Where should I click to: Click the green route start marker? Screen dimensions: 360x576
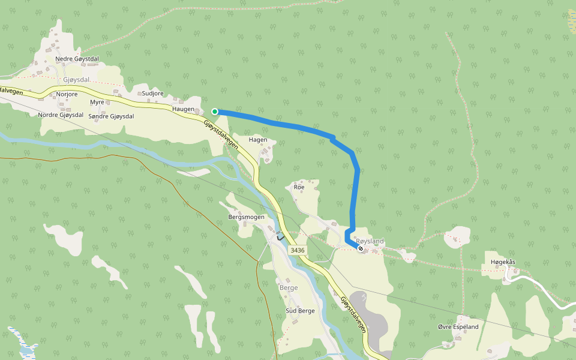tap(215, 112)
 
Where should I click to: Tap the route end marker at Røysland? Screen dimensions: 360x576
tap(360, 248)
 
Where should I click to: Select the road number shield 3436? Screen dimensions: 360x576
tap(296, 250)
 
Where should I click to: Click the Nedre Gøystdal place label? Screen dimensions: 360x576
tap(77, 59)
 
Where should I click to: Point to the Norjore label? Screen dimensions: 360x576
tap(67, 95)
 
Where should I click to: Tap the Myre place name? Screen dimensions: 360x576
tap(97, 103)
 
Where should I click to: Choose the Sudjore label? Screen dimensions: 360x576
tap(152, 94)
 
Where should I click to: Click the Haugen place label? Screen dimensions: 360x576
tap(183, 109)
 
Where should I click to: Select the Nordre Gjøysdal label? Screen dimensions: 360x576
tap(59, 115)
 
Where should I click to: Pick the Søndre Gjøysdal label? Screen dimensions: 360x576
tap(111, 116)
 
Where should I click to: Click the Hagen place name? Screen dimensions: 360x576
tap(258, 140)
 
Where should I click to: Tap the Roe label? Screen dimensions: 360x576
tap(299, 187)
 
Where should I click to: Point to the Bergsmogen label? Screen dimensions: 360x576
tap(246, 217)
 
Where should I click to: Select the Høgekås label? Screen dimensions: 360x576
tap(503, 262)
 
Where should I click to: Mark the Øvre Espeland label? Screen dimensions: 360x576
tap(458, 327)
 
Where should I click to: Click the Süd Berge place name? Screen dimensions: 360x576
tap(300, 311)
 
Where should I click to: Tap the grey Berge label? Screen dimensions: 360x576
tap(289, 288)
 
